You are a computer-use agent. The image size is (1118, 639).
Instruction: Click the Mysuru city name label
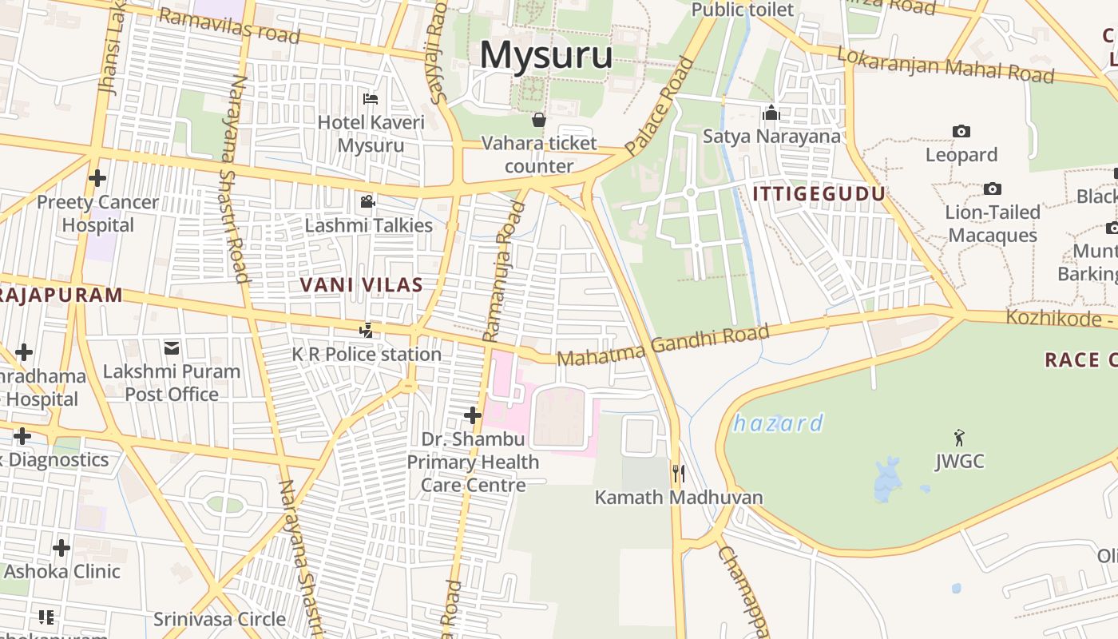coord(546,56)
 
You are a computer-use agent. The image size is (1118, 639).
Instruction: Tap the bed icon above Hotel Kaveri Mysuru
coord(371,99)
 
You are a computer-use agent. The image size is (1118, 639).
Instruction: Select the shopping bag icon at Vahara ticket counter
coord(539,120)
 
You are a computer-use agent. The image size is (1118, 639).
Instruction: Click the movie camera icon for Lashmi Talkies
coord(367,201)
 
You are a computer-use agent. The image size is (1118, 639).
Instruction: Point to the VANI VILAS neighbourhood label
coord(361,284)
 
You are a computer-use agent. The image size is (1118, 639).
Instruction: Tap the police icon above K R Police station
coord(366,330)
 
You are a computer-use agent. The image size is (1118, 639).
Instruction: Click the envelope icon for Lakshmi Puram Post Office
coord(172,347)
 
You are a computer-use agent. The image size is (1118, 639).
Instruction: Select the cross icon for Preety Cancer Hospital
coord(97,178)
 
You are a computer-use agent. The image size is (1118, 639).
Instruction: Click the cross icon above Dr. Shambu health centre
coord(473,415)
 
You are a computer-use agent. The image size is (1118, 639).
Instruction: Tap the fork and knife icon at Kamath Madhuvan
coord(678,474)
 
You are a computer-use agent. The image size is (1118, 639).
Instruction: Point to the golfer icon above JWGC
coord(959,438)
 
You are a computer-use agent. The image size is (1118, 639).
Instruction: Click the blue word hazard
coord(778,423)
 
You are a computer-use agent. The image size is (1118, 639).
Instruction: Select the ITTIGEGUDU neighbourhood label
coord(819,194)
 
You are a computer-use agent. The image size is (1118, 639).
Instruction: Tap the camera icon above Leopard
coord(961,131)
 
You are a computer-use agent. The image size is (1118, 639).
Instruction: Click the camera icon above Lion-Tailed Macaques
coord(993,189)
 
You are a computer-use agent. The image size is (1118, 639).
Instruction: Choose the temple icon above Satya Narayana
coord(771,113)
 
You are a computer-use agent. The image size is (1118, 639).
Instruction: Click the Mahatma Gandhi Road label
coord(663,345)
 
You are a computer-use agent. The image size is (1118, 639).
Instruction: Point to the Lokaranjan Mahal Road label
coord(946,65)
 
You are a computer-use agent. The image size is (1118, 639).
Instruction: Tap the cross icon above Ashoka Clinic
coord(61,548)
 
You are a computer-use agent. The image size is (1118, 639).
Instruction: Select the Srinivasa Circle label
coord(220,619)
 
